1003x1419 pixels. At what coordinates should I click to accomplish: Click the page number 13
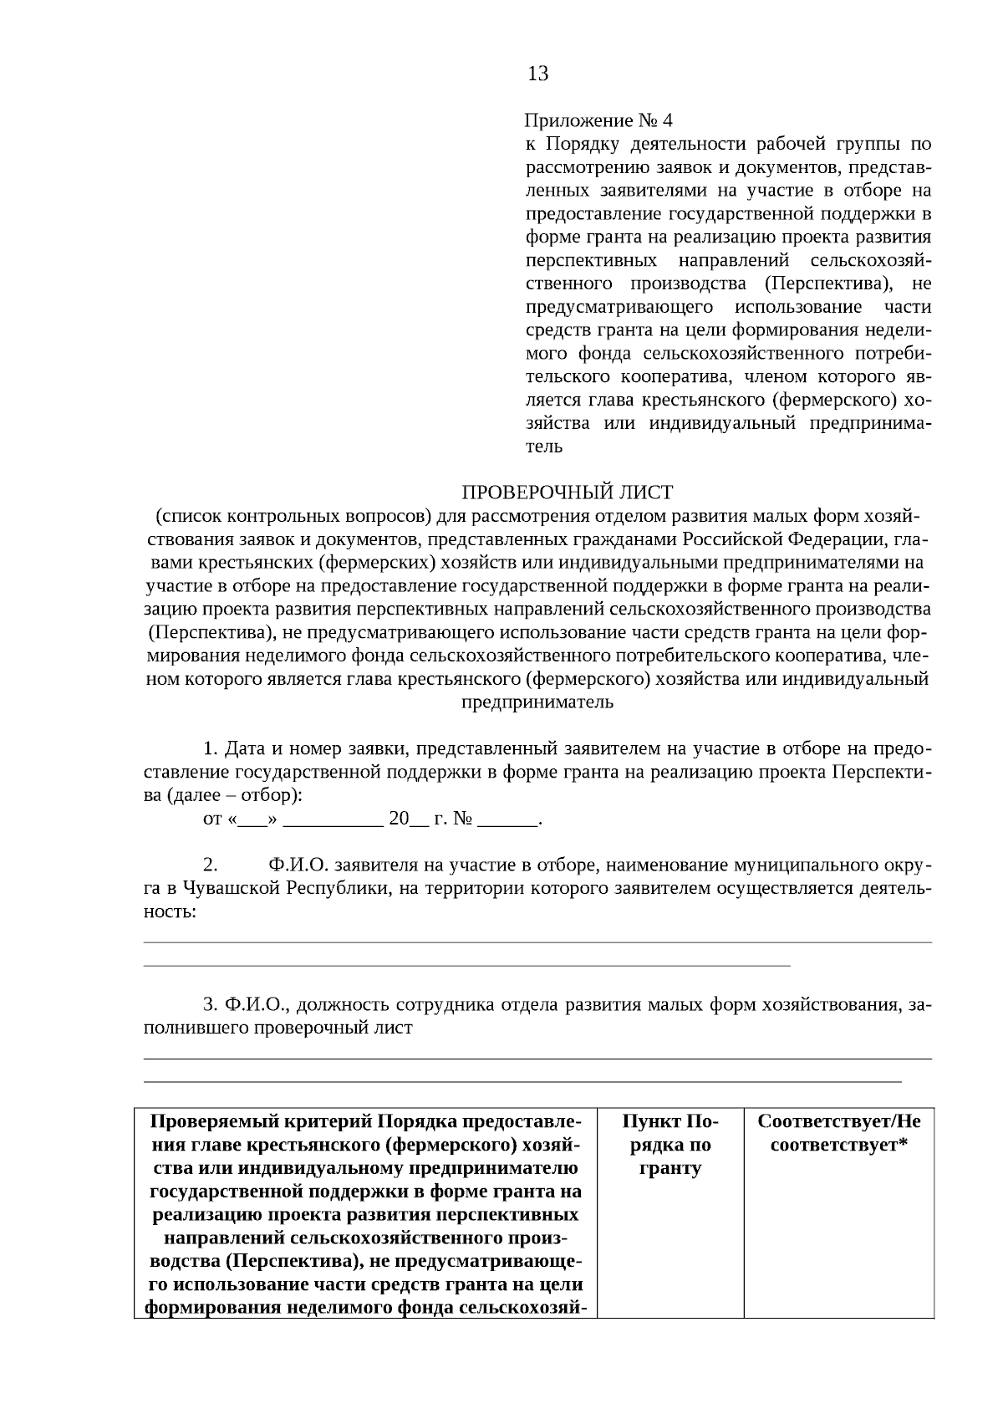pyautogui.click(x=538, y=74)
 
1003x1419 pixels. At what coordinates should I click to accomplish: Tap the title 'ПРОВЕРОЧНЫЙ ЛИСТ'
pyautogui.click(x=568, y=492)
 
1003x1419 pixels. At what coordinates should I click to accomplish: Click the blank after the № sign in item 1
pyautogui.click(x=507, y=819)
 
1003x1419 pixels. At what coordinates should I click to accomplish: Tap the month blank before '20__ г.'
pyautogui.click(x=333, y=819)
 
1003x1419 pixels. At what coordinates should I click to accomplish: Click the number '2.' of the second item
pyautogui.click(x=211, y=864)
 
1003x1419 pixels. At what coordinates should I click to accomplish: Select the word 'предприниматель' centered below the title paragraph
pyautogui.click(x=538, y=702)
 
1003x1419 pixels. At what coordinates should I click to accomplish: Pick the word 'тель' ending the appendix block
pyautogui.click(x=543, y=446)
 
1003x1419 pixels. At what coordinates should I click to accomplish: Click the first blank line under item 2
pyautogui.click(x=538, y=942)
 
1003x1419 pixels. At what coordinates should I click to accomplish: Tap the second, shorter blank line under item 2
pyautogui.click(x=467, y=966)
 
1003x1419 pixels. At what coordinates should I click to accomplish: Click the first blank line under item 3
pyautogui.click(x=538, y=1059)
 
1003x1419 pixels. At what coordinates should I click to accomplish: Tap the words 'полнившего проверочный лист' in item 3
pyautogui.click(x=278, y=1028)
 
